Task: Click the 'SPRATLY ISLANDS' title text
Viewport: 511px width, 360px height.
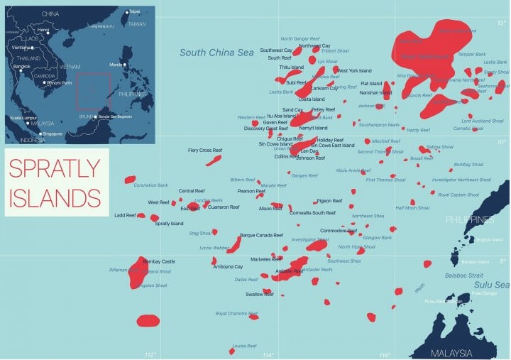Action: click(x=55, y=181)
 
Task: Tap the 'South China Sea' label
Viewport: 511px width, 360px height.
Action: click(x=216, y=53)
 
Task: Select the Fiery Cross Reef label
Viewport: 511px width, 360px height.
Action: click(x=205, y=151)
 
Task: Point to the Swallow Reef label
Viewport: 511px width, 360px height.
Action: click(x=259, y=294)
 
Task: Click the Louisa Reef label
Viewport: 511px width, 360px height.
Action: click(x=244, y=346)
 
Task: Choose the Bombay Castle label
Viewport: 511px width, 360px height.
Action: click(x=159, y=262)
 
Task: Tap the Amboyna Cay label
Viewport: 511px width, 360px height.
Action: click(x=229, y=266)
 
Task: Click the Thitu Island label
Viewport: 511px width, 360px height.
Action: click(x=291, y=67)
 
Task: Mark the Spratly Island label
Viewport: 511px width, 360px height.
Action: click(x=169, y=224)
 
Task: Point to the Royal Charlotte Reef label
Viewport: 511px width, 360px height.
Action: click(x=237, y=313)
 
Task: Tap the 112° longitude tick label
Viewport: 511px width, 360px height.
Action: click(x=150, y=355)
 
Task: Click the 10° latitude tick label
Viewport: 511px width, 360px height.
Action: click(x=502, y=142)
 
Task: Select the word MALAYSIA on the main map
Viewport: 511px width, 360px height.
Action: click(x=451, y=352)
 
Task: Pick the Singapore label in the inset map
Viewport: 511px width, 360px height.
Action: click(x=52, y=133)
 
